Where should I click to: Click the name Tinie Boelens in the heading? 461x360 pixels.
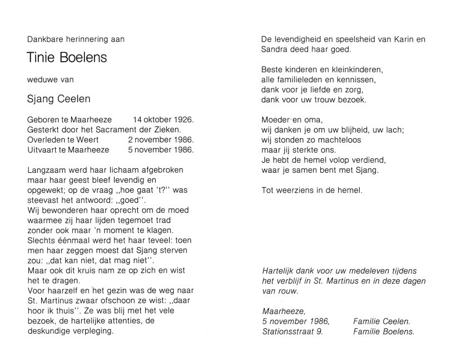pos(67,57)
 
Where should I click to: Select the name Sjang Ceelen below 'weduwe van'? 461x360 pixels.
pos(58,99)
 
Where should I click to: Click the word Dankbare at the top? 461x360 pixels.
pos(43,39)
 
